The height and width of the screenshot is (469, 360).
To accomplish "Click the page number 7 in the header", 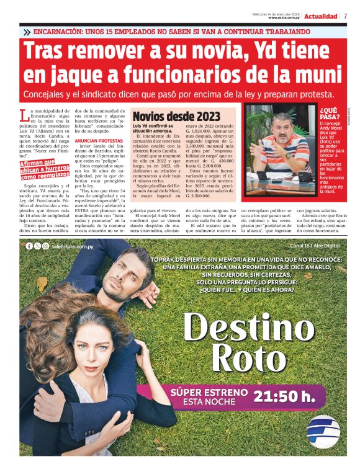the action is pos(345,16).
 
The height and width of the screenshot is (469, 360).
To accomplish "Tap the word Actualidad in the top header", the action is pos(322,16).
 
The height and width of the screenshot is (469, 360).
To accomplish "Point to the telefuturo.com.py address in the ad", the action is pos(73,246).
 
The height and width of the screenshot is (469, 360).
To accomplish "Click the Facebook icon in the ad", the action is pos(29,246).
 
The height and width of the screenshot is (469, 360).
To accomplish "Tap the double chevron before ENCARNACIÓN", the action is pos(27,32).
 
